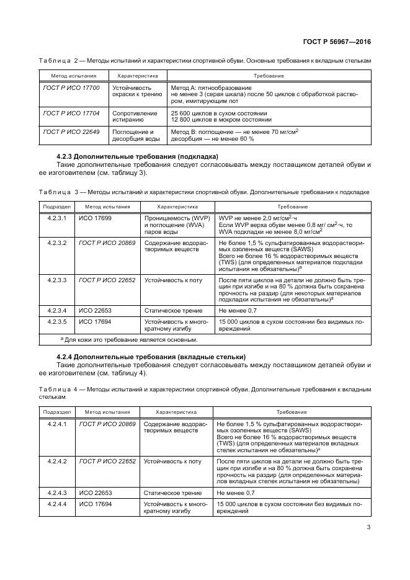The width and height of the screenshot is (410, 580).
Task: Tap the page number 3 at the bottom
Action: click(368, 528)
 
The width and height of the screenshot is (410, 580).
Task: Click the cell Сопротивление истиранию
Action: click(131, 117)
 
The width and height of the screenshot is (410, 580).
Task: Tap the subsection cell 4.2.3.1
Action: click(57, 218)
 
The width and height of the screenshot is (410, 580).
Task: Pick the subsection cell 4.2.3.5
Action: click(57, 321)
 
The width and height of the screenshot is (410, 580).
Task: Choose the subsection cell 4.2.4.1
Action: click(57, 423)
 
